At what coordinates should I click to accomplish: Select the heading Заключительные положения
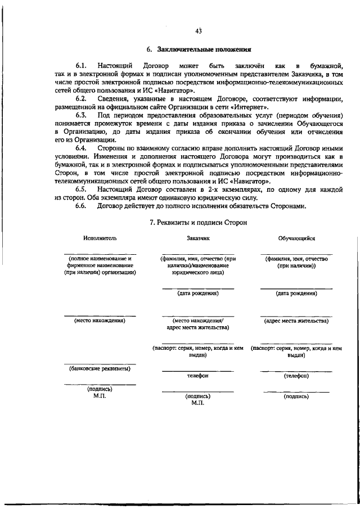(x=204, y=51)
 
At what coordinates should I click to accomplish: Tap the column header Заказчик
(x=198, y=238)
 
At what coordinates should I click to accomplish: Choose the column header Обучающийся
(x=296, y=238)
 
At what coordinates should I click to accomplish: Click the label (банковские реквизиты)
(x=100, y=369)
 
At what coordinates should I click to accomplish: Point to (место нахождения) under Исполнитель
(x=100, y=321)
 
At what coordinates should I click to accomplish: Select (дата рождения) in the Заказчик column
(x=198, y=293)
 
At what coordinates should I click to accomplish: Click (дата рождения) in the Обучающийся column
(x=296, y=293)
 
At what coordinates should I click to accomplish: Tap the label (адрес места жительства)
(x=296, y=321)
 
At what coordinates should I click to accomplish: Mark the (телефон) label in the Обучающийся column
(x=296, y=375)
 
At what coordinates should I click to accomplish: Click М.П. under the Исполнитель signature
(x=100, y=396)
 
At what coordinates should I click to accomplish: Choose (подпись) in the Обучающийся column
(x=296, y=396)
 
